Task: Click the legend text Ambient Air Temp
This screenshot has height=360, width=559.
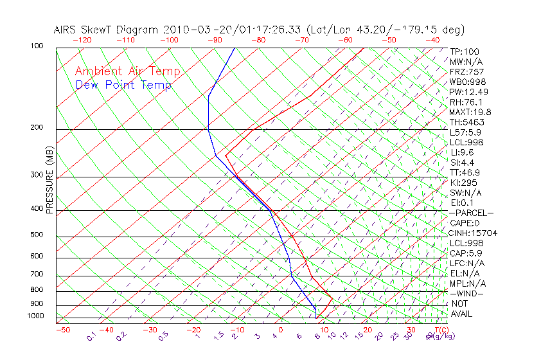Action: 127,71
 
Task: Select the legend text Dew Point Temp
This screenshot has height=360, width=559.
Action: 123,85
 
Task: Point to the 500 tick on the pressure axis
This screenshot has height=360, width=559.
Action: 36,235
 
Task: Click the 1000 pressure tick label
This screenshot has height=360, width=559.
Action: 35,316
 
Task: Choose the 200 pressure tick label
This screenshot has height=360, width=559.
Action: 36,128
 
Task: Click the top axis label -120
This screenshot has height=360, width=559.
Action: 82,40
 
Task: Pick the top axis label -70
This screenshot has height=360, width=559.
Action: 301,40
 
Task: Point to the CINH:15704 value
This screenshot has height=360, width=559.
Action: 474,233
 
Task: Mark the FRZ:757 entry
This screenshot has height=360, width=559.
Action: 467,72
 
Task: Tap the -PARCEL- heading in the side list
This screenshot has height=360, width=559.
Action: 472,213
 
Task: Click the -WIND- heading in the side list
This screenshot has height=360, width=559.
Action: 466,294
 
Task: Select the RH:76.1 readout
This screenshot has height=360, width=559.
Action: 466,102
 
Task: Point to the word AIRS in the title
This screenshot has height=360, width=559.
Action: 66,30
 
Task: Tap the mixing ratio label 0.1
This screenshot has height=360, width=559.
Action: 91,337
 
